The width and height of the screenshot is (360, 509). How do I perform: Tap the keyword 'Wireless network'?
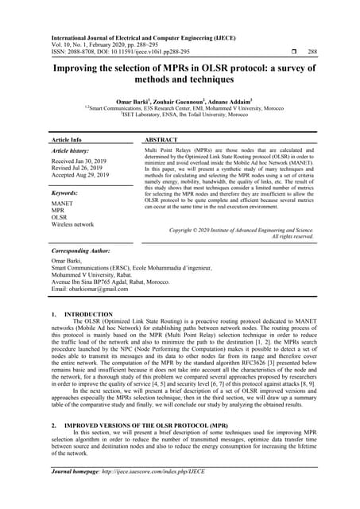point(72,224)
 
